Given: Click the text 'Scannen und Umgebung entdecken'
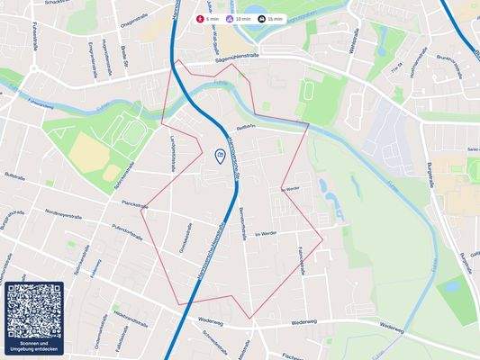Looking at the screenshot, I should tap(34, 347).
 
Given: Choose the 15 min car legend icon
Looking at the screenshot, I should tap(261, 19).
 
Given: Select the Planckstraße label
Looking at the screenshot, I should tap(133, 205).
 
